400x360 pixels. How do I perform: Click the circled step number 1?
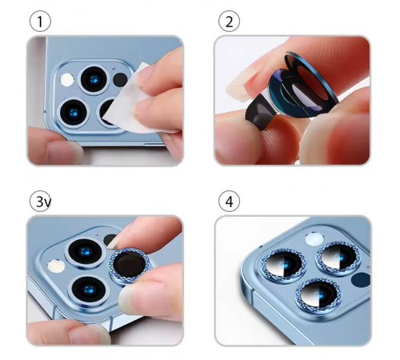pos(40,22)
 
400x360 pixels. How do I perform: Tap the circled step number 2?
pos(229,22)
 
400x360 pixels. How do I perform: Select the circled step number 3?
pos(40,202)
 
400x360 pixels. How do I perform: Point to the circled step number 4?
pos(229,202)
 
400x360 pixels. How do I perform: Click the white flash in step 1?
pos(67,80)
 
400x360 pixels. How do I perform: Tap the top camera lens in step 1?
pos(94,79)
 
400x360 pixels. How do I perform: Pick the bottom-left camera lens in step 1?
pos(74,113)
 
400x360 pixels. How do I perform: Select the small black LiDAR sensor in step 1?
pos(120,80)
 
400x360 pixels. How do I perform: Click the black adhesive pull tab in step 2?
pos(260,114)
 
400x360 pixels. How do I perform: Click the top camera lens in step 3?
pos(85,252)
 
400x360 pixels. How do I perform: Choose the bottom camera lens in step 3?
pos(89,290)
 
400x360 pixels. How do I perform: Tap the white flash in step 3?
pos(56,266)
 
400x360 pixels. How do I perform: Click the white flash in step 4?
pos(314,238)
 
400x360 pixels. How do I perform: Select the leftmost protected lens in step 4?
pos(284,265)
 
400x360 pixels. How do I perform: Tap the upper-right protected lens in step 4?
pos(338,258)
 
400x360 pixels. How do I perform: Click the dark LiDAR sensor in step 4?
pos(361,280)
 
